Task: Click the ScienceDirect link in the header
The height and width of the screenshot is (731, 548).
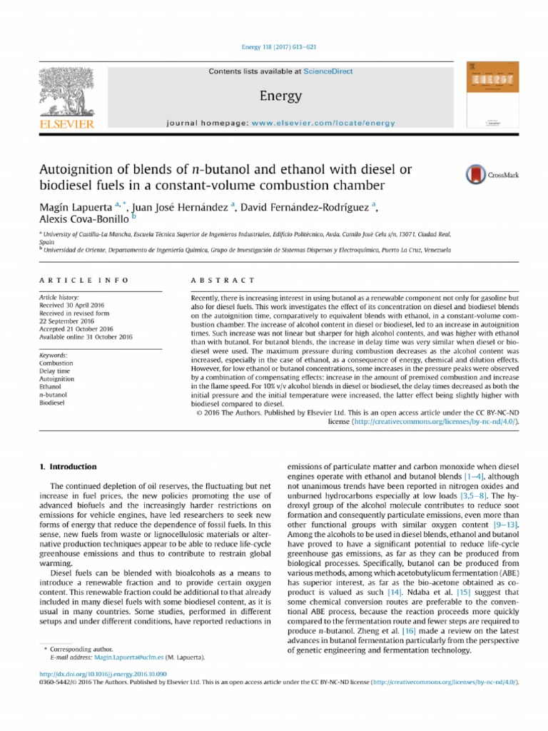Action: tap(328, 71)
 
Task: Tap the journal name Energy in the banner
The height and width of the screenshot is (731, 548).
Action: tap(281, 96)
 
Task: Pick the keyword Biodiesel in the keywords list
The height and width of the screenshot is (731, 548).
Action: tap(53, 403)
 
